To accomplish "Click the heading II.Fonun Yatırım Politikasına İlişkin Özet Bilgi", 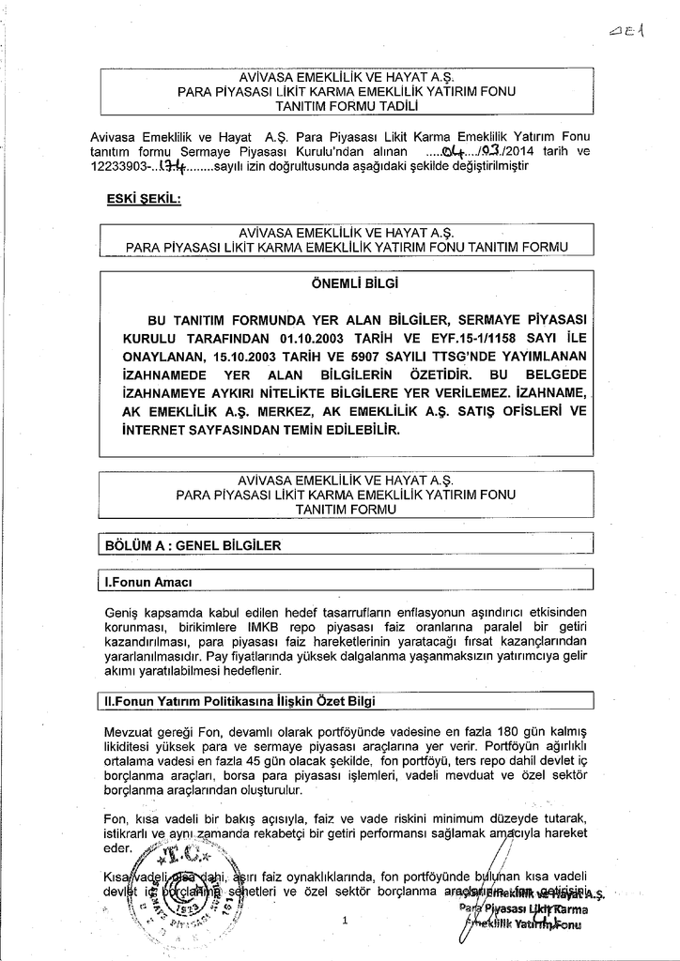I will [x=243, y=701].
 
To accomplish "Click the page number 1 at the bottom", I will [x=346, y=921].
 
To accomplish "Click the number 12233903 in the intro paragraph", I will [x=118, y=166].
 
